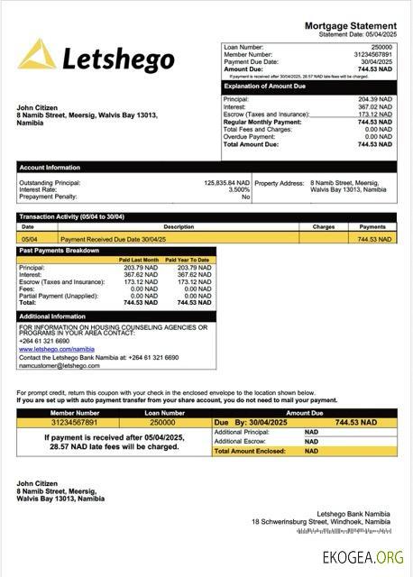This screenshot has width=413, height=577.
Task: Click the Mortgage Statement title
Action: pos(350,26)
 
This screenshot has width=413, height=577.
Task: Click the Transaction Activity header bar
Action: pos(72,217)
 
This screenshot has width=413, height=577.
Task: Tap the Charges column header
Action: pos(324,227)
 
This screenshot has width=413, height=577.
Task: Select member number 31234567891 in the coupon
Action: pos(73,422)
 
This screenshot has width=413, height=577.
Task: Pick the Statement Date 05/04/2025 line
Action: pos(356,34)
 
